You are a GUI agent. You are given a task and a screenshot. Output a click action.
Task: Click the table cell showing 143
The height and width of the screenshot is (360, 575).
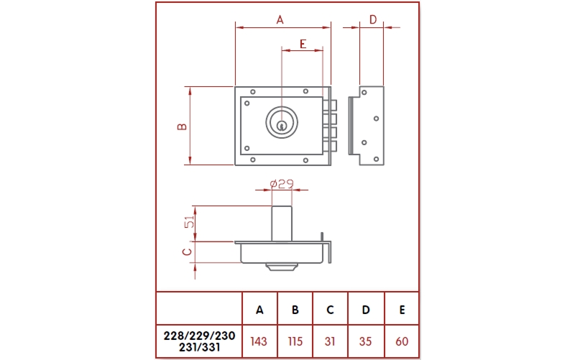click(259, 341)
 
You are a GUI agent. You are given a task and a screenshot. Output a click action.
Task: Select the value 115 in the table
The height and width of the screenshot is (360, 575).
click(295, 341)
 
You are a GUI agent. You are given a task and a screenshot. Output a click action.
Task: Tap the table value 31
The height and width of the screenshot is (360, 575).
click(330, 341)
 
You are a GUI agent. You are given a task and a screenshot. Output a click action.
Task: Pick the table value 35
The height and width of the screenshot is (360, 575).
click(365, 341)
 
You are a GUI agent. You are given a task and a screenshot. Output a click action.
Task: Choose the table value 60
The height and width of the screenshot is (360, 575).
click(402, 341)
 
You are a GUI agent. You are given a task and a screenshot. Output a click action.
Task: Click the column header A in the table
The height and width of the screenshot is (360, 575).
click(259, 310)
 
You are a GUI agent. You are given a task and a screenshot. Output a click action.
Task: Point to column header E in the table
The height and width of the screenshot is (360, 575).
click(402, 310)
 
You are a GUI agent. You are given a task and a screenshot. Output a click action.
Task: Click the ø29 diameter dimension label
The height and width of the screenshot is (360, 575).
click(282, 183)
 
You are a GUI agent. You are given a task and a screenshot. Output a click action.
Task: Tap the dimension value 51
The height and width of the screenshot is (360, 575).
click(189, 222)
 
